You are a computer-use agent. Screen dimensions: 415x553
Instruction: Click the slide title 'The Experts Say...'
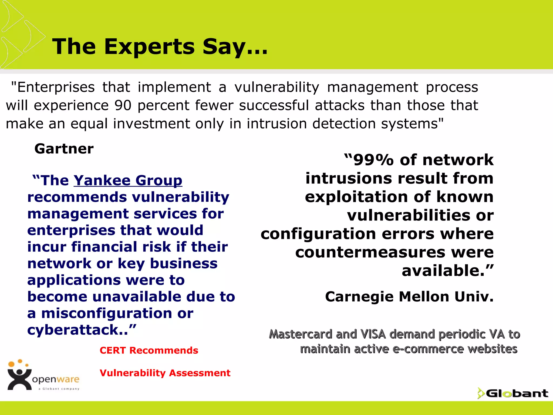tap(159, 46)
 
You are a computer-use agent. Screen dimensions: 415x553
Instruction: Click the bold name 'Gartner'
tap(64, 149)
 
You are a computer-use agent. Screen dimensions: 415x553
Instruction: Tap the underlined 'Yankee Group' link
tap(128, 180)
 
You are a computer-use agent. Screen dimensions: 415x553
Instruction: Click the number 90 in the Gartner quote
tap(123, 105)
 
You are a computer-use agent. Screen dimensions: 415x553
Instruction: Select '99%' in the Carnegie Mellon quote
tap(373, 160)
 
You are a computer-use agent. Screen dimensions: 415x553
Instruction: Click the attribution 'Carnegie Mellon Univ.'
tap(409, 297)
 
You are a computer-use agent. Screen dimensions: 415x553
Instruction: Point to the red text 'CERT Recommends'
tap(149, 350)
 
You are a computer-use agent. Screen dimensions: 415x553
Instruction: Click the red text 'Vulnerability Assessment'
tap(165, 373)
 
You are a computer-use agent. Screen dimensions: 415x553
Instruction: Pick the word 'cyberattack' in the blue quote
tap(73, 330)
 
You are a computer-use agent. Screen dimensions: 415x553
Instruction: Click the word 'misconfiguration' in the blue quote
tap(106, 313)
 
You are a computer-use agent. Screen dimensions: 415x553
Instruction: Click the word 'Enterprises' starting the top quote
tap(56, 87)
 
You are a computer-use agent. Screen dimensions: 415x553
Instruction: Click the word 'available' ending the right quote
tap(443, 271)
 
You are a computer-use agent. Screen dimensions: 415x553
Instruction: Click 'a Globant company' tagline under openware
tap(59, 389)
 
